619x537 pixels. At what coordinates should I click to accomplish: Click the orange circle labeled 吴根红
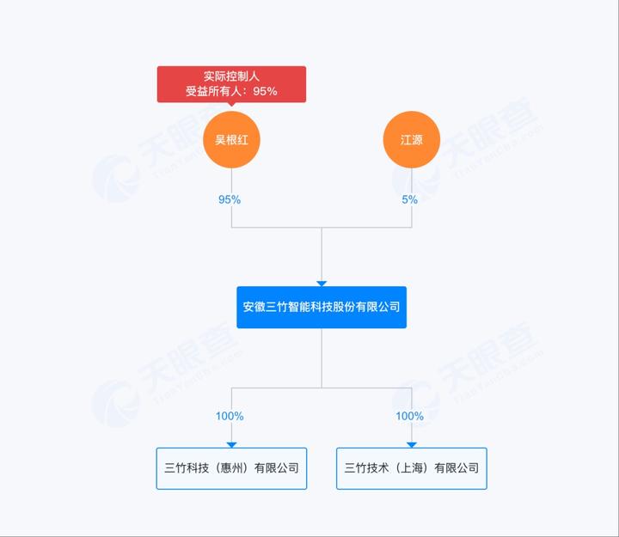[x=231, y=140]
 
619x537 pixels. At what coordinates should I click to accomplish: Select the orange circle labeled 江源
[x=411, y=140]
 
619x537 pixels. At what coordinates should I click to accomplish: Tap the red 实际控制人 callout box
[x=231, y=84]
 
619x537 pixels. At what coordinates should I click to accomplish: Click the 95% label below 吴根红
[x=230, y=199]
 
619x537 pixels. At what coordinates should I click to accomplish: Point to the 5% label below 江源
[x=410, y=199]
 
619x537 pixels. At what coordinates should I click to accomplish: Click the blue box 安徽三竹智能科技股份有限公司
[x=322, y=307]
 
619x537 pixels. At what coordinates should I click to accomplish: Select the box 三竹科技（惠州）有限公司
[x=231, y=468]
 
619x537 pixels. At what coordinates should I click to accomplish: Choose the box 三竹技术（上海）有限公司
[x=411, y=468]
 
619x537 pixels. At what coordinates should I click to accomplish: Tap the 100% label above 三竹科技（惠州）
[x=230, y=416]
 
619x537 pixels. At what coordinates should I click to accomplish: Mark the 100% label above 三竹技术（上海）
[x=410, y=416]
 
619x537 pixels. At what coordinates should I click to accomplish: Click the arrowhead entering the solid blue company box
[x=322, y=284]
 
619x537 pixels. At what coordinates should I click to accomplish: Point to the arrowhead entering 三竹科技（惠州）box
[x=231, y=445]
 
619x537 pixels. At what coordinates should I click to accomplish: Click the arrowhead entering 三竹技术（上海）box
[x=411, y=445]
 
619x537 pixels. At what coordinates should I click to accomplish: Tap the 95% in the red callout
[x=266, y=91]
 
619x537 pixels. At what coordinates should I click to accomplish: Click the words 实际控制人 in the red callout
[x=231, y=76]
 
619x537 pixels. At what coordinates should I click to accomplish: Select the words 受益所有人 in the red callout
[x=213, y=91]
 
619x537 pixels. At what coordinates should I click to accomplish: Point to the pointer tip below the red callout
[x=231, y=107]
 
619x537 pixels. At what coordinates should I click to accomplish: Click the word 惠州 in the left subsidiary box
[x=231, y=468]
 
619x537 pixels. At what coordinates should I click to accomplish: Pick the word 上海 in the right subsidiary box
[x=411, y=468]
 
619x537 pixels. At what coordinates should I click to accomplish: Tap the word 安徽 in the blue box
[x=254, y=307]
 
